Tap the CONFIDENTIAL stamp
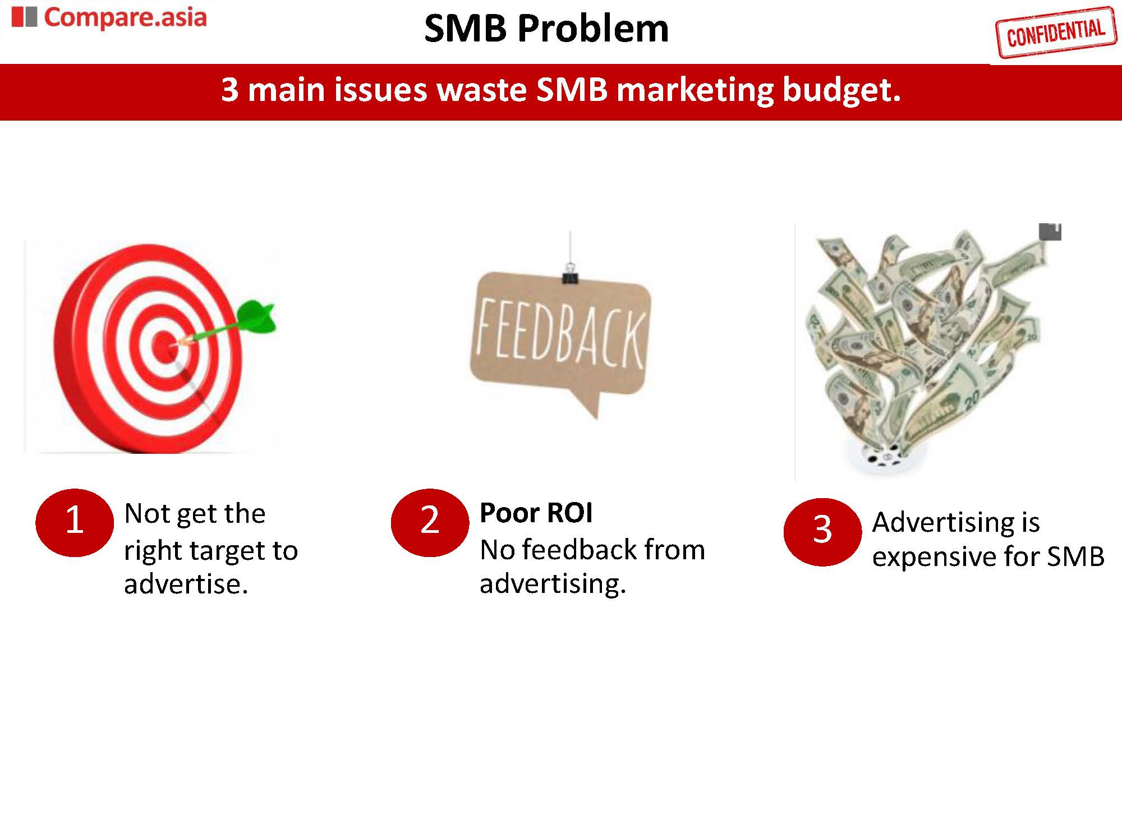coord(1055,33)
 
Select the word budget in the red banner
coord(842,90)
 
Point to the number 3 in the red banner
coord(229,90)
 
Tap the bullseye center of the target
coord(165,343)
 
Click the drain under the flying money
coord(881,457)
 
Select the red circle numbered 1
coord(75,522)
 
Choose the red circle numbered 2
coord(430,522)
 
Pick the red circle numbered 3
coord(822,531)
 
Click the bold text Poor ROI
coord(536,513)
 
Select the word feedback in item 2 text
coord(581,550)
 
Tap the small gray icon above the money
coord(1050,232)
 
